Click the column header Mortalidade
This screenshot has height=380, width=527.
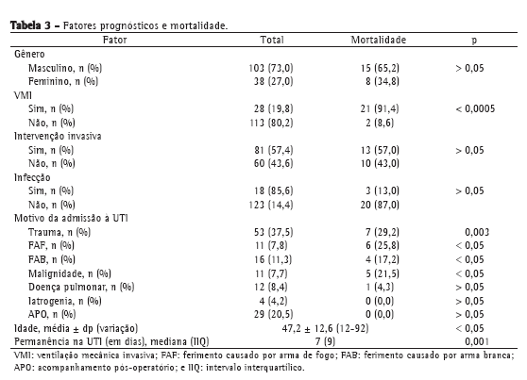[x=379, y=40]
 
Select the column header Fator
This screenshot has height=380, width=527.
[x=115, y=40]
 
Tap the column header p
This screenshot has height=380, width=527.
[x=474, y=41]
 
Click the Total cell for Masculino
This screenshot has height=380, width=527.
[x=271, y=68]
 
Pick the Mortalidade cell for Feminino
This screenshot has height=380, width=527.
[x=382, y=82]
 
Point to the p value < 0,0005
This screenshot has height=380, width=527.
[x=475, y=108]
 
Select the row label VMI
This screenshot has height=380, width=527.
[x=23, y=95]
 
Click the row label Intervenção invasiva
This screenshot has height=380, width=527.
[x=58, y=137]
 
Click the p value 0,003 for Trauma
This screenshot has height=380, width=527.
[x=477, y=232]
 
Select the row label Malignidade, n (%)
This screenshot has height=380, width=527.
[x=70, y=274]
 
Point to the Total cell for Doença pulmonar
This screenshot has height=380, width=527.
[x=271, y=288]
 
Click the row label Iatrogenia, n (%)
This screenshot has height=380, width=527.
[x=65, y=301]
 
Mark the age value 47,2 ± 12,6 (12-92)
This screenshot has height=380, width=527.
[x=325, y=328]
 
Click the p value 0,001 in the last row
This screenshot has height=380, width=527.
[x=477, y=341]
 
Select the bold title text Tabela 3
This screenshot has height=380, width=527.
[x=30, y=25]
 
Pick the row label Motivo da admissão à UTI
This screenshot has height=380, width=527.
[x=71, y=218]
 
